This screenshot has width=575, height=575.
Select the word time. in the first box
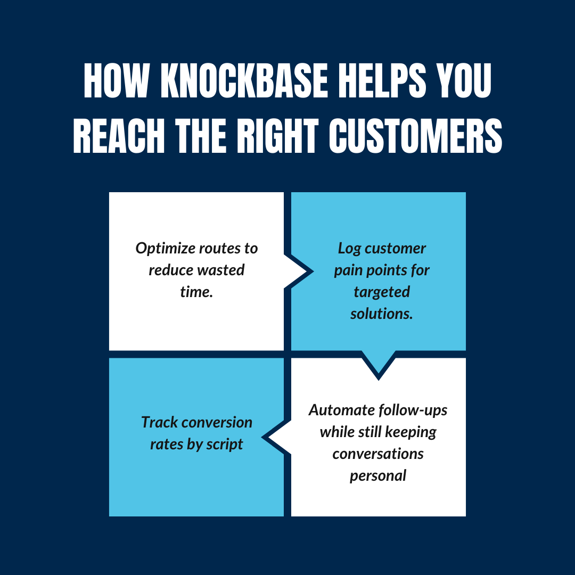click(196, 292)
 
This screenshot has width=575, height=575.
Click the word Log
click(349, 249)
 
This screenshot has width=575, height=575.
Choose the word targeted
click(382, 292)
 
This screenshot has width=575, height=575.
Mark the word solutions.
click(381, 314)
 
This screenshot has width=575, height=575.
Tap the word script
click(223, 444)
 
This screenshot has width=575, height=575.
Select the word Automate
click(341, 410)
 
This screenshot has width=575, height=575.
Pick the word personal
click(378, 475)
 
